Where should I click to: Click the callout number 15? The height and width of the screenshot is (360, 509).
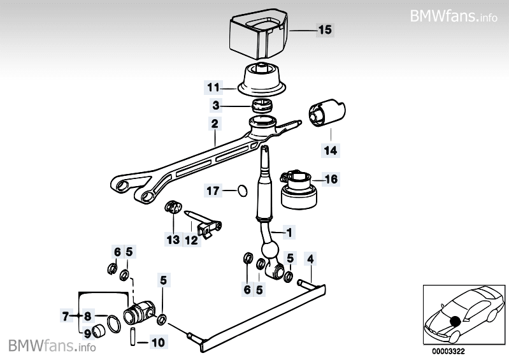click(324, 29)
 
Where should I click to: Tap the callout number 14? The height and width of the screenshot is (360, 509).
click(331, 151)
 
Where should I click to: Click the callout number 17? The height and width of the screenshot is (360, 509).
click(213, 190)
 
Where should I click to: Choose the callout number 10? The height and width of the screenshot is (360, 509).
click(159, 343)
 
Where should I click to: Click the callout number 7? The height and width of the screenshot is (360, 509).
click(65, 315)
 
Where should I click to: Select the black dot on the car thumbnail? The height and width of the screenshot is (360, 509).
click(456, 321)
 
